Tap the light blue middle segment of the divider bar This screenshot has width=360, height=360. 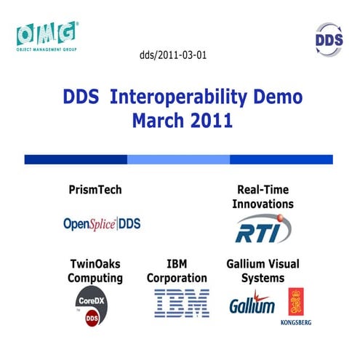click(178, 159)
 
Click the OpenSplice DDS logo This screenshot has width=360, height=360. click(102, 224)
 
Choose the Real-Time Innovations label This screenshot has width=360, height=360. click(263, 197)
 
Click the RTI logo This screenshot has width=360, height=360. click(263, 230)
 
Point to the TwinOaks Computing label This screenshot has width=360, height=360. click(95, 271)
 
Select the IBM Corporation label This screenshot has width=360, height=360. click(177, 271)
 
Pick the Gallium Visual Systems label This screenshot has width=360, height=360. click(263, 271)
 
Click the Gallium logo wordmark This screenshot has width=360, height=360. click(252, 304)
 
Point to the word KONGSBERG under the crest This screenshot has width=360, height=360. click(297, 321)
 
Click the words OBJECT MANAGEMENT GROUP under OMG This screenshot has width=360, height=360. click(46, 49)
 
